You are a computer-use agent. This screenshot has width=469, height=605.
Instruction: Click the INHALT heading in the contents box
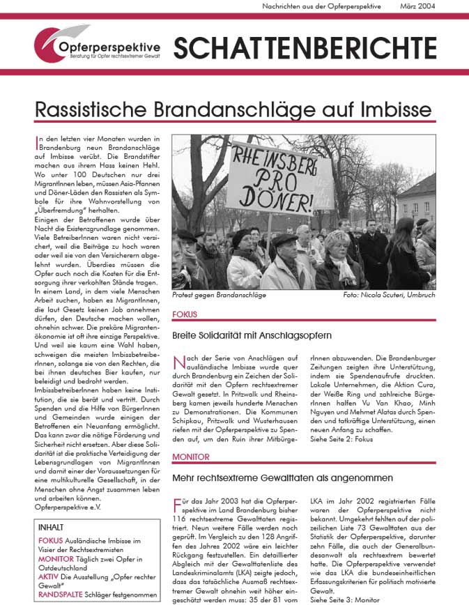click(x=53, y=528)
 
